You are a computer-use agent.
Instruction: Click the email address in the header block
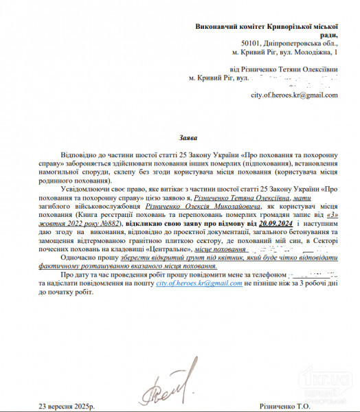click(x=295, y=95)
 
